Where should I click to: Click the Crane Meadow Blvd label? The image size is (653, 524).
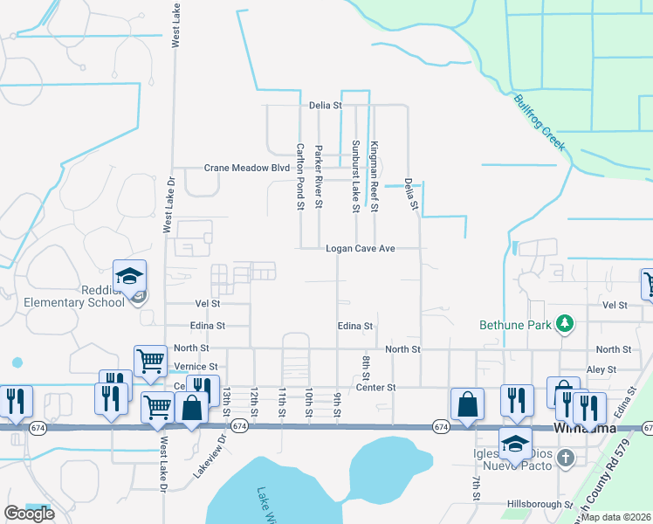pyautogui.click(x=246, y=168)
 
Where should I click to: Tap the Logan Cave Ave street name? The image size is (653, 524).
pyautogui.click(x=361, y=249)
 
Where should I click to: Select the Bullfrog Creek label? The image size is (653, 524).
pyautogui.click(x=539, y=122)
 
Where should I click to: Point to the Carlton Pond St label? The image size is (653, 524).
pyautogui.click(x=299, y=176)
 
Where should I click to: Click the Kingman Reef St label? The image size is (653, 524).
pyautogui.click(x=374, y=176)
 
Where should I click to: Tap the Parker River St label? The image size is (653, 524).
pyautogui.click(x=319, y=176)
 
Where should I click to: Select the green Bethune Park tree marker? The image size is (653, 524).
pyautogui.click(x=565, y=324)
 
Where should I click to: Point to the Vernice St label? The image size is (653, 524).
pyautogui.click(x=195, y=367)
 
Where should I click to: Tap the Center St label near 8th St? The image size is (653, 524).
pyautogui.click(x=375, y=387)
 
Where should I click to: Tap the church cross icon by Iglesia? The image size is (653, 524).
pyautogui.click(x=565, y=457)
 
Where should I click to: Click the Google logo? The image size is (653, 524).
pyautogui.click(x=30, y=514)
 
